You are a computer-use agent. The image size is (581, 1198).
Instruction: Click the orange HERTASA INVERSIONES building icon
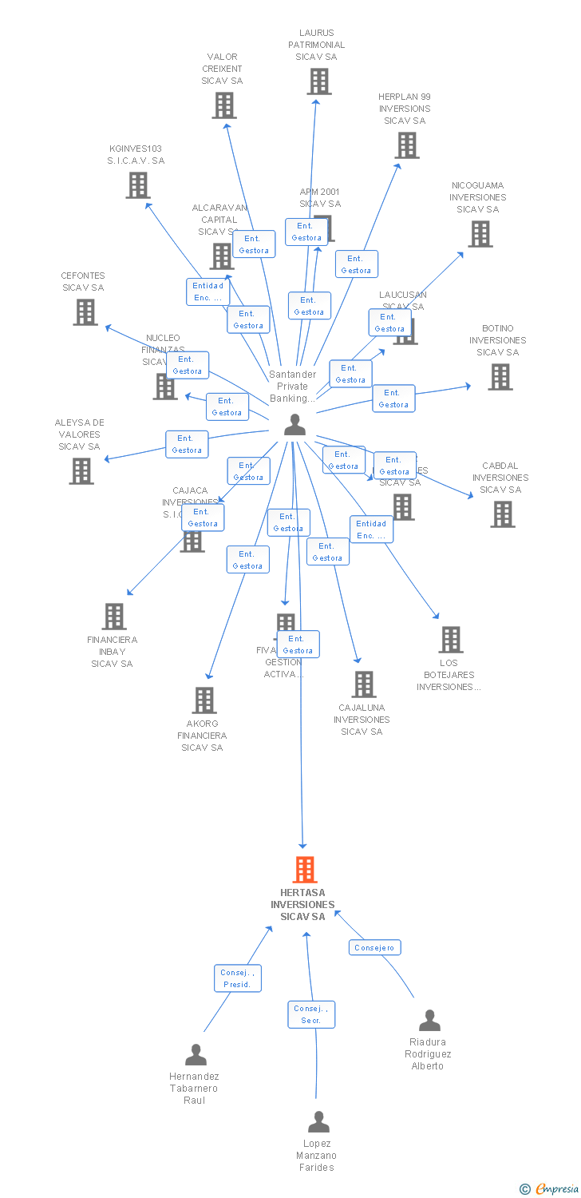[x=305, y=870]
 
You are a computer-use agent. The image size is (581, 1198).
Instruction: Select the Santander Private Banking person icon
[x=295, y=425]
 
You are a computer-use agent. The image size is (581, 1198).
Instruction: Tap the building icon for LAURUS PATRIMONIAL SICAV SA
[x=319, y=81]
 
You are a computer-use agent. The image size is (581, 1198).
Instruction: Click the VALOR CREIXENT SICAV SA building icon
[x=224, y=105]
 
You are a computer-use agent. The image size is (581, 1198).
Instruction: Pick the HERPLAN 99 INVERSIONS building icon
[x=407, y=145]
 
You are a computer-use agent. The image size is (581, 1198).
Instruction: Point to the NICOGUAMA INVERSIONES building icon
[x=480, y=234]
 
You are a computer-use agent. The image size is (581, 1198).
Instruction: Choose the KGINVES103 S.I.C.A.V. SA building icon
[x=138, y=185]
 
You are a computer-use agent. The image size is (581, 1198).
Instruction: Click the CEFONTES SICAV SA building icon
[x=85, y=312]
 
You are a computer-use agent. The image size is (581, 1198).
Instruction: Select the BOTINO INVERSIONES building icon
[x=500, y=377]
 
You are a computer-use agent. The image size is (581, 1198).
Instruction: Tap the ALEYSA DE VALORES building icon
[x=81, y=471]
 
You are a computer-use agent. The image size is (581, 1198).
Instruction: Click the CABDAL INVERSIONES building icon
[x=503, y=514]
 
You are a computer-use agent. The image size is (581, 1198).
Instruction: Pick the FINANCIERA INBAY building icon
[x=114, y=617]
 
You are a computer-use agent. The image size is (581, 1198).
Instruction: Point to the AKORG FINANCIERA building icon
[x=204, y=700]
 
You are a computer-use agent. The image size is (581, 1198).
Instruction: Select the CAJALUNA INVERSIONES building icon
[x=364, y=684]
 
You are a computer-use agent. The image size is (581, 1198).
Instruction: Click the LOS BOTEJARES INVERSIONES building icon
[x=451, y=640]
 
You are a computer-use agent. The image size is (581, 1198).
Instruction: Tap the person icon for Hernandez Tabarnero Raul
[x=196, y=1055]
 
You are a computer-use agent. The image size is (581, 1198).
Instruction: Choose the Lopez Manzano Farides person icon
[x=318, y=1122]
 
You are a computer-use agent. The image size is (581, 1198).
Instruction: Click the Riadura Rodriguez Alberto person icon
[x=429, y=1021]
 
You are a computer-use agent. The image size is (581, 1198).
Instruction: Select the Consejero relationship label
[x=375, y=947]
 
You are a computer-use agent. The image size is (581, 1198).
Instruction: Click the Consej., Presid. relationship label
[x=238, y=978]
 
